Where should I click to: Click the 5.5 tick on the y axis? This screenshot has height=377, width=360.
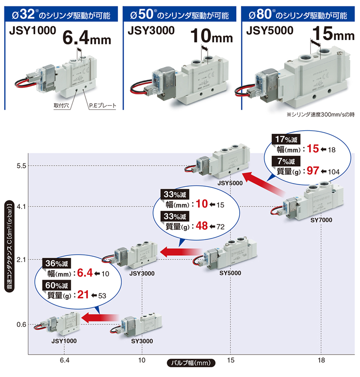tap(21, 166)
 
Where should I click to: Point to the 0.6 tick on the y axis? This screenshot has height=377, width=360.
tap(21, 324)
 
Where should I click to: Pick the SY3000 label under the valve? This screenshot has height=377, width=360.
tap(142, 341)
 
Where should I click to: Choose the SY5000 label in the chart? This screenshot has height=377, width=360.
tap(230, 273)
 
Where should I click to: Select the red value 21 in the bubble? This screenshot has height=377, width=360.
tap(83, 294)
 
